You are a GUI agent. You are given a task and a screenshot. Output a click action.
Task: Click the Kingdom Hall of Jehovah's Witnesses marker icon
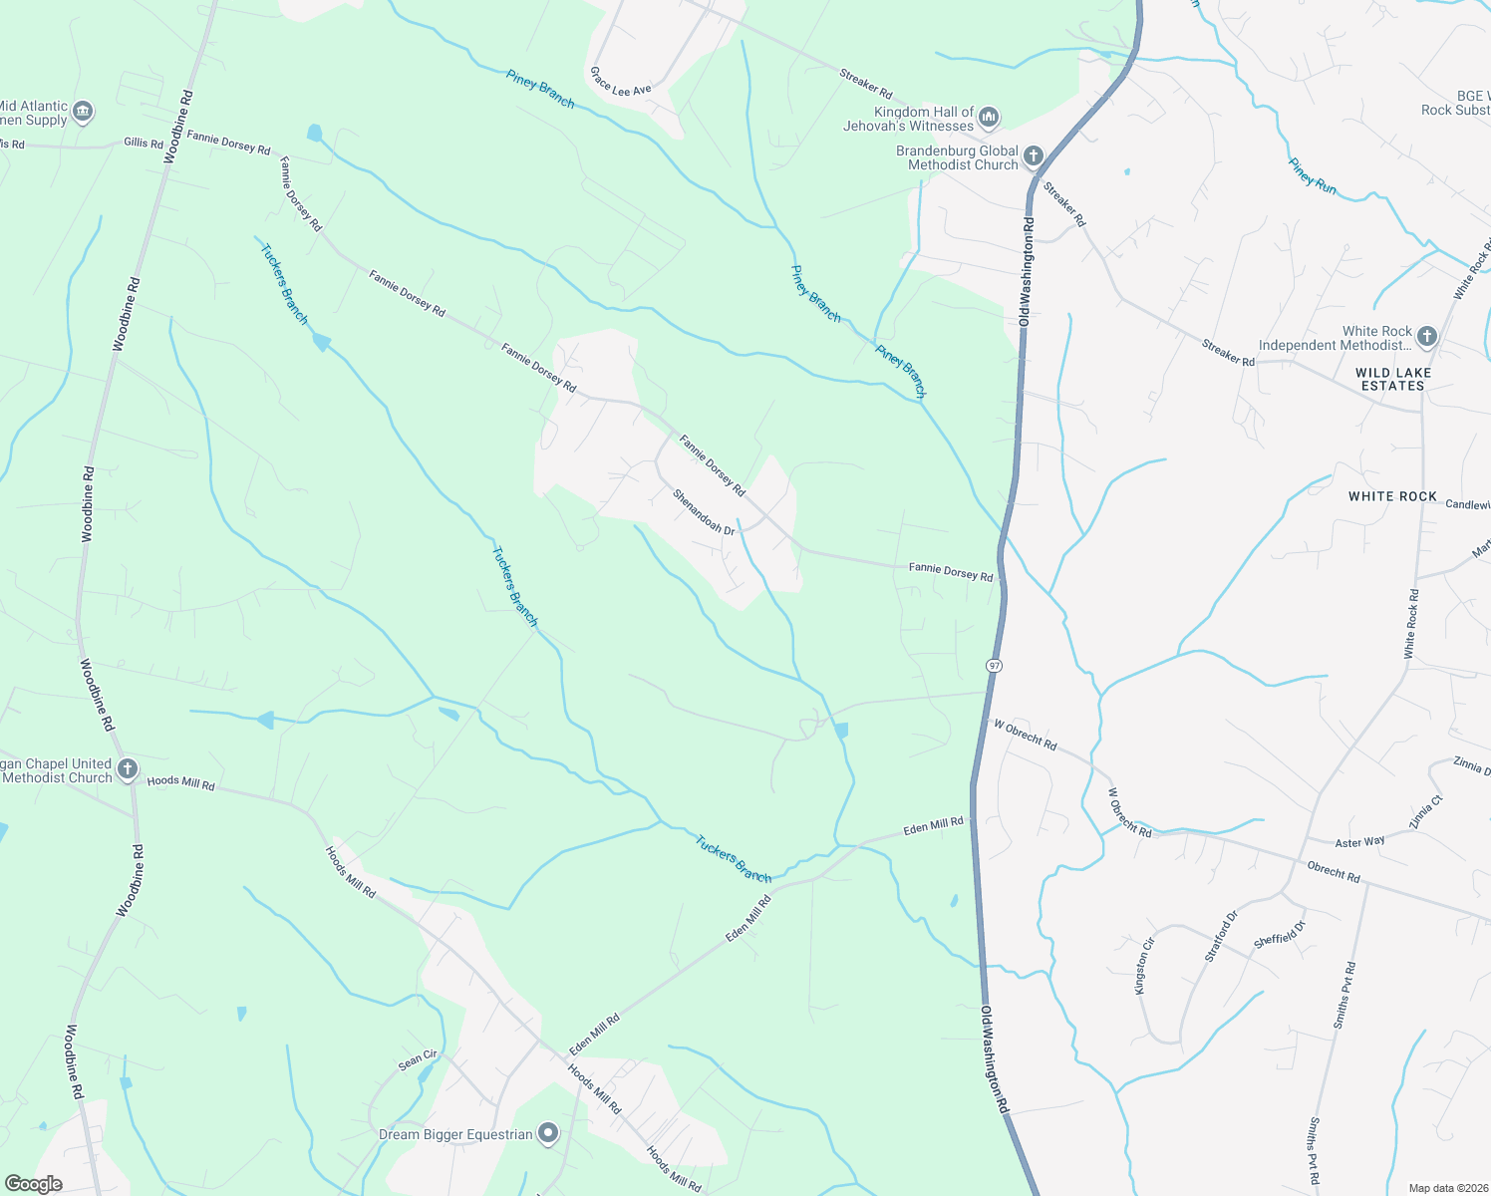coord(989,119)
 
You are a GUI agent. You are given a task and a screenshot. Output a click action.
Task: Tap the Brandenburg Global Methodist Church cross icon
coord(1034,156)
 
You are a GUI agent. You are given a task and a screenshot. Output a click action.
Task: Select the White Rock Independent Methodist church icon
coord(1426,337)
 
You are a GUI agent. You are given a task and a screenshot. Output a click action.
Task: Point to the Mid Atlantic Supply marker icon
coord(83,112)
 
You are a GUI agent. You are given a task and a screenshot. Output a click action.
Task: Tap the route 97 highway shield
coord(994,665)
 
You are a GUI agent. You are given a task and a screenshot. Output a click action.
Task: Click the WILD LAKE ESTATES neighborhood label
coord(1393,379)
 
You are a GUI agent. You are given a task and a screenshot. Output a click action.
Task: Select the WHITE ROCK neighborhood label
coord(1392,496)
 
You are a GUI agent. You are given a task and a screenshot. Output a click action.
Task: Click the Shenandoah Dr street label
coord(703,511)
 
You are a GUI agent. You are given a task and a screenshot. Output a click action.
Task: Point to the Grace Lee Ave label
coord(620,83)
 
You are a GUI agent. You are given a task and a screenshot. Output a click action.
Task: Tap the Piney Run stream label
coord(1312,175)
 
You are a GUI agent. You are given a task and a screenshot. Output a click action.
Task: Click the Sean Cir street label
coord(418,1060)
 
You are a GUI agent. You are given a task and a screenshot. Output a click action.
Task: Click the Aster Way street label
coord(1359,842)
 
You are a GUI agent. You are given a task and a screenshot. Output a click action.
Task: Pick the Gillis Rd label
coord(144,144)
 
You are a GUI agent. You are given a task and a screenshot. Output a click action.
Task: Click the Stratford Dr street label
coord(1221,936)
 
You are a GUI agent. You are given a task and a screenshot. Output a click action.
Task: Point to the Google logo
coord(33,1184)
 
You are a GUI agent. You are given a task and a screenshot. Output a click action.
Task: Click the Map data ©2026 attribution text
coord(1445,1188)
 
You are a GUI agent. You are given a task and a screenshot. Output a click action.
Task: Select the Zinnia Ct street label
coord(1425,812)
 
